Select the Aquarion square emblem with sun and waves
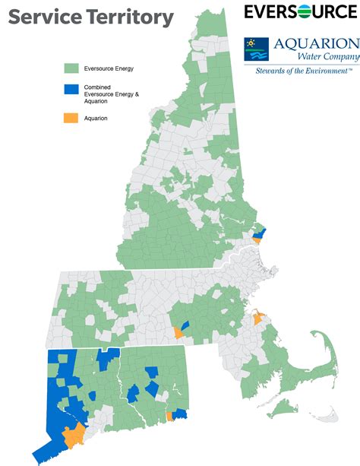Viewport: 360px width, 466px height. click(255, 49)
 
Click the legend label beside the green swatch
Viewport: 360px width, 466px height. click(109, 68)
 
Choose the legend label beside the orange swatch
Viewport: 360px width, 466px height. click(96, 118)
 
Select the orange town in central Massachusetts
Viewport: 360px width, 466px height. click(178, 332)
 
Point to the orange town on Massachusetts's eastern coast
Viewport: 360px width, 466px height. click(257, 320)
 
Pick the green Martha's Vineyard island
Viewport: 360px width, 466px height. click(287, 409)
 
